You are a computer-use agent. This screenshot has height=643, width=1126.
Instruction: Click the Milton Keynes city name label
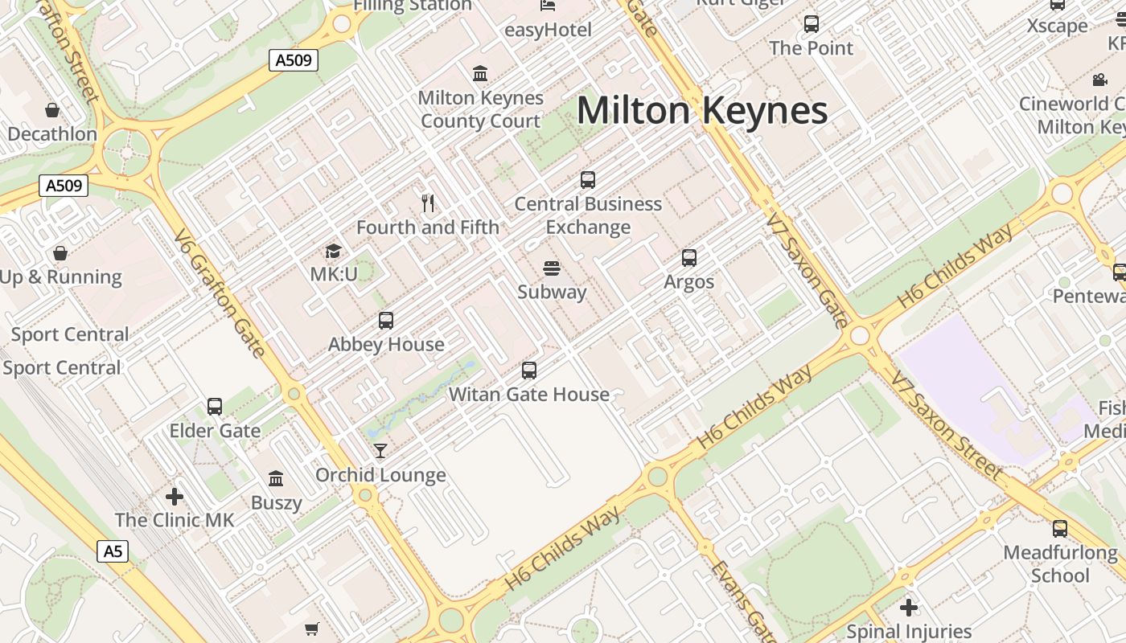[702, 110]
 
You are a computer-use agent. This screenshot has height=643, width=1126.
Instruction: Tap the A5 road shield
[113, 551]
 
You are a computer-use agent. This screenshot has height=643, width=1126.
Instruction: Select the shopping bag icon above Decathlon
[52, 110]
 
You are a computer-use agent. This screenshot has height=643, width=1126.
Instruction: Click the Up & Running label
[61, 277]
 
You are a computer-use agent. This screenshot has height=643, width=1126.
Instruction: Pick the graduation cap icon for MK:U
[333, 252]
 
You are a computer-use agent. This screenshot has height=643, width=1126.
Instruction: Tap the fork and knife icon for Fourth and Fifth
[428, 203]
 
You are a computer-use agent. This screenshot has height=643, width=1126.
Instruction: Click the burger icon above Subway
[552, 268]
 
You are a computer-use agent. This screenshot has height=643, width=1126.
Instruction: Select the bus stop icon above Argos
[689, 258]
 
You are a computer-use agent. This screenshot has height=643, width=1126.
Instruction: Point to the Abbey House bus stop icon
[386, 321]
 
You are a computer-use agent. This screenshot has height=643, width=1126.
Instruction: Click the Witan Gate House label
[529, 395]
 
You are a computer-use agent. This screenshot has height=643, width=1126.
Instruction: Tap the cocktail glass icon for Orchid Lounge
[380, 451]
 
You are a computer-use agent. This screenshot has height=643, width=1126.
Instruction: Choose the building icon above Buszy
[276, 479]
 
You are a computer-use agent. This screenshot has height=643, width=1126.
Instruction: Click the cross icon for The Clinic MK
[175, 497]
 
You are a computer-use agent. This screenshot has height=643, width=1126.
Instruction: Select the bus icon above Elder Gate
[215, 407]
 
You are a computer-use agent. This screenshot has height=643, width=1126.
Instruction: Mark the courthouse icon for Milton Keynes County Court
[480, 74]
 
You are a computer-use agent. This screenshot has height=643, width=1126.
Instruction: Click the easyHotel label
[548, 31]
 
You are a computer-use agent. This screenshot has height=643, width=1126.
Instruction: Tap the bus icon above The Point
[811, 24]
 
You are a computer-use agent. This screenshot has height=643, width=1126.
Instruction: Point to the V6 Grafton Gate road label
[220, 293]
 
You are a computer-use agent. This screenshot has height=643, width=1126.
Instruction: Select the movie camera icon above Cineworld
[1099, 80]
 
